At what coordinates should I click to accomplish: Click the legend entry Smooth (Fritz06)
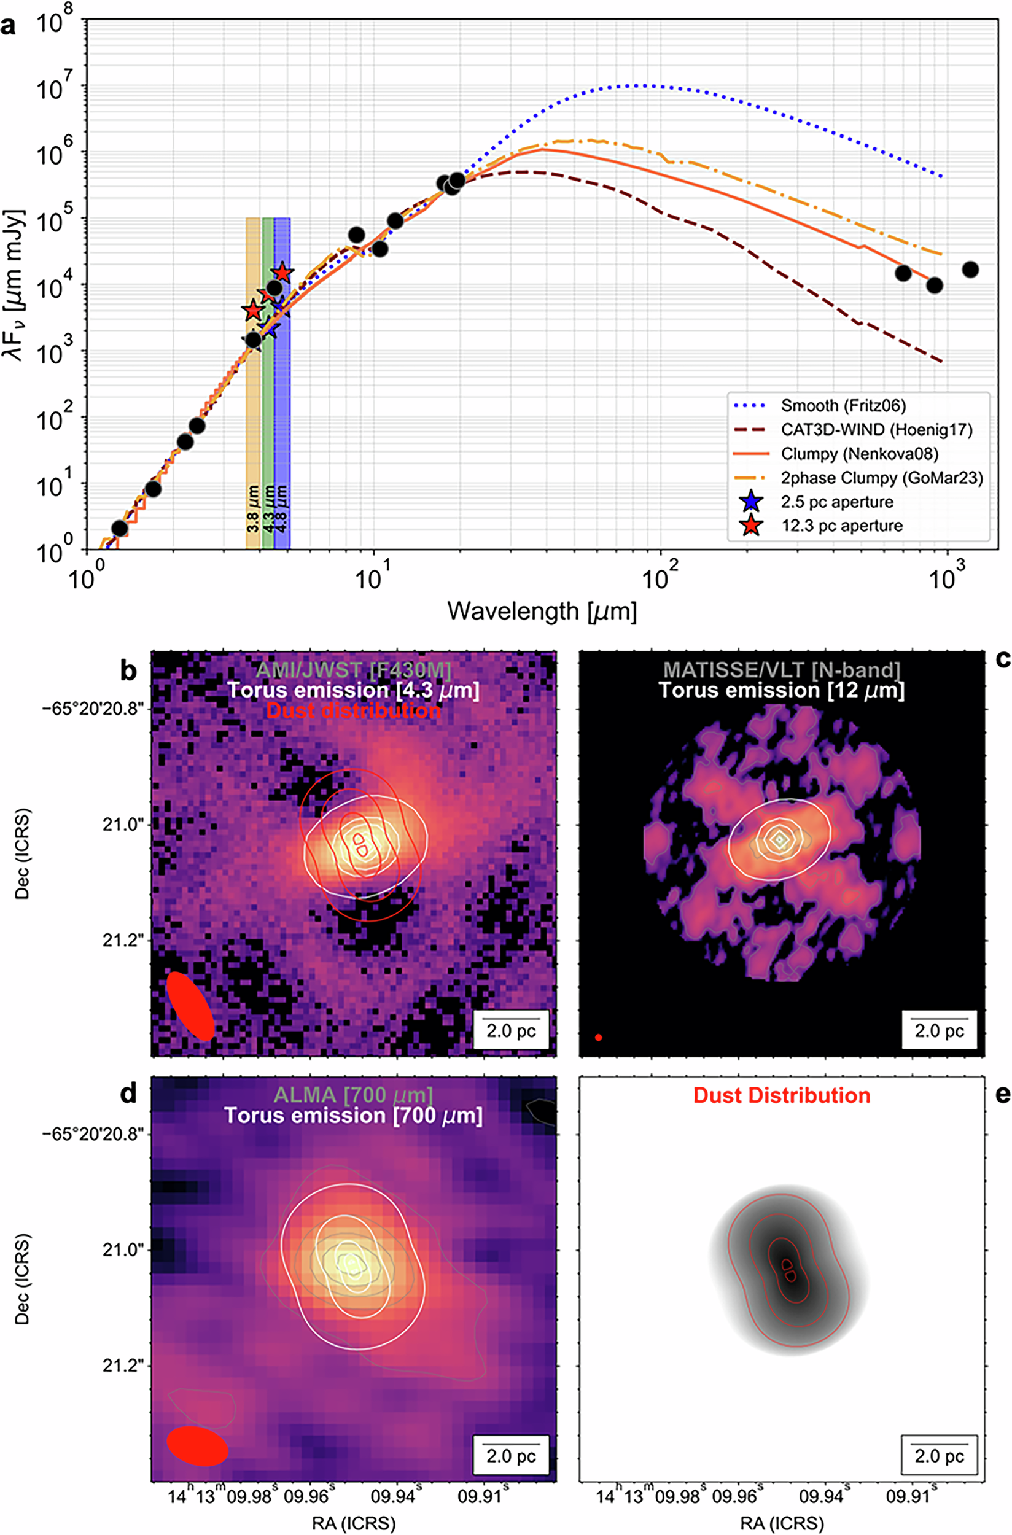coord(843,406)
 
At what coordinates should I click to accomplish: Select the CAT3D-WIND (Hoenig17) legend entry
coord(876,430)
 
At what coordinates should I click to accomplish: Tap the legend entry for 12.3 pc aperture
coord(842,526)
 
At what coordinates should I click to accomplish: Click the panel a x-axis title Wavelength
coord(542,610)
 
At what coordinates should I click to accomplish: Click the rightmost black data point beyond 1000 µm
coord(970,270)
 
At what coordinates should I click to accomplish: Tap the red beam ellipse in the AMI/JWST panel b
coord(190,1006)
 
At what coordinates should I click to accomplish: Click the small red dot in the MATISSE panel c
coord(599,1038)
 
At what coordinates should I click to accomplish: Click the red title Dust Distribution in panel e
coord(782,1095)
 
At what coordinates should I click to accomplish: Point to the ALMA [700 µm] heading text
coord(353,1094)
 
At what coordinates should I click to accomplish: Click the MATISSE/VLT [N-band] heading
coord(782,670)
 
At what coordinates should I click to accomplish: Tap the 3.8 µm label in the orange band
coord(253,508)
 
